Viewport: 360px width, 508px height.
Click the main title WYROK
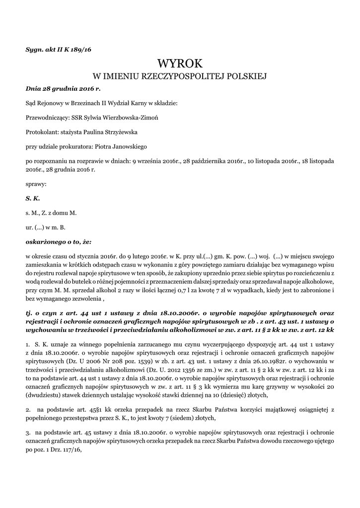pyautogui.click(x=180, y=63)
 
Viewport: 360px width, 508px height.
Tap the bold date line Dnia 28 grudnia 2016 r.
pyautogui.click(x=63, y=89)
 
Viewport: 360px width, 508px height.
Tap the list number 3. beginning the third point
pyautogui.click(x=28, y=433)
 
